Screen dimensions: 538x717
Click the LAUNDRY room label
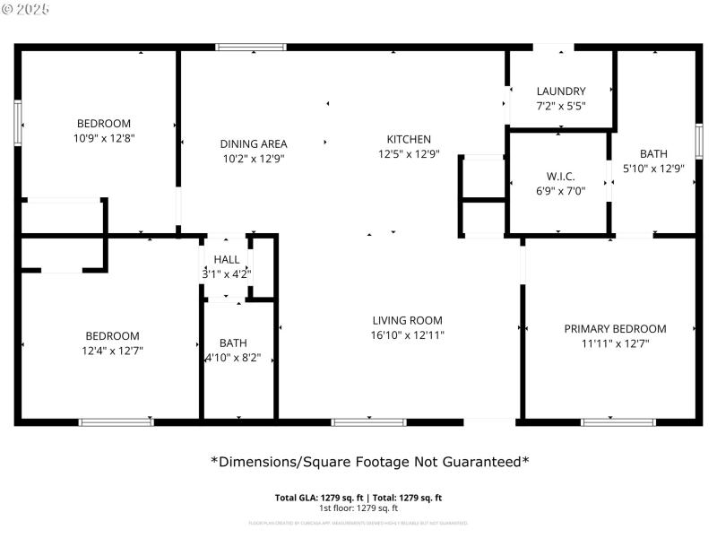tap(561, 91)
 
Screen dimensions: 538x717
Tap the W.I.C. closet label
tap(560, 176)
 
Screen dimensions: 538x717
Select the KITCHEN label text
tap(409, 139)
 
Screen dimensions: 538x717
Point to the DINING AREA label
tap(254, 143)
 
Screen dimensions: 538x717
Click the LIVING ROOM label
tap(408, 320)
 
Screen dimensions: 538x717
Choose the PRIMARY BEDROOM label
tap(615, 328)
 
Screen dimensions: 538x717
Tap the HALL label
tap(226, 259)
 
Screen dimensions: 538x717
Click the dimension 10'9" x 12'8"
tap(104, 138)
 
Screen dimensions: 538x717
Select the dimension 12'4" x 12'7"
tap(113, 351)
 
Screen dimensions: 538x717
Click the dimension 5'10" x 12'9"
tap(653, 168)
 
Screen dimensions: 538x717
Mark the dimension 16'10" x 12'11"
tap(408, 334)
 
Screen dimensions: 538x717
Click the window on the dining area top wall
tap(251, 47)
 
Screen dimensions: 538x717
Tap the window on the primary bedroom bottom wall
tap(618, 421)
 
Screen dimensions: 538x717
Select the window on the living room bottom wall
tap(368, 421)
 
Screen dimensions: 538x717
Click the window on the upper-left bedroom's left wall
tap(17, 123)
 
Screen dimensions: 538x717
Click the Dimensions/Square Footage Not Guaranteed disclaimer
tap(369, 462)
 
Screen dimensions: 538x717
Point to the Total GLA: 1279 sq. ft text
tap(314, 498)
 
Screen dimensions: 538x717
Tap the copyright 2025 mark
tap(26, 9)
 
